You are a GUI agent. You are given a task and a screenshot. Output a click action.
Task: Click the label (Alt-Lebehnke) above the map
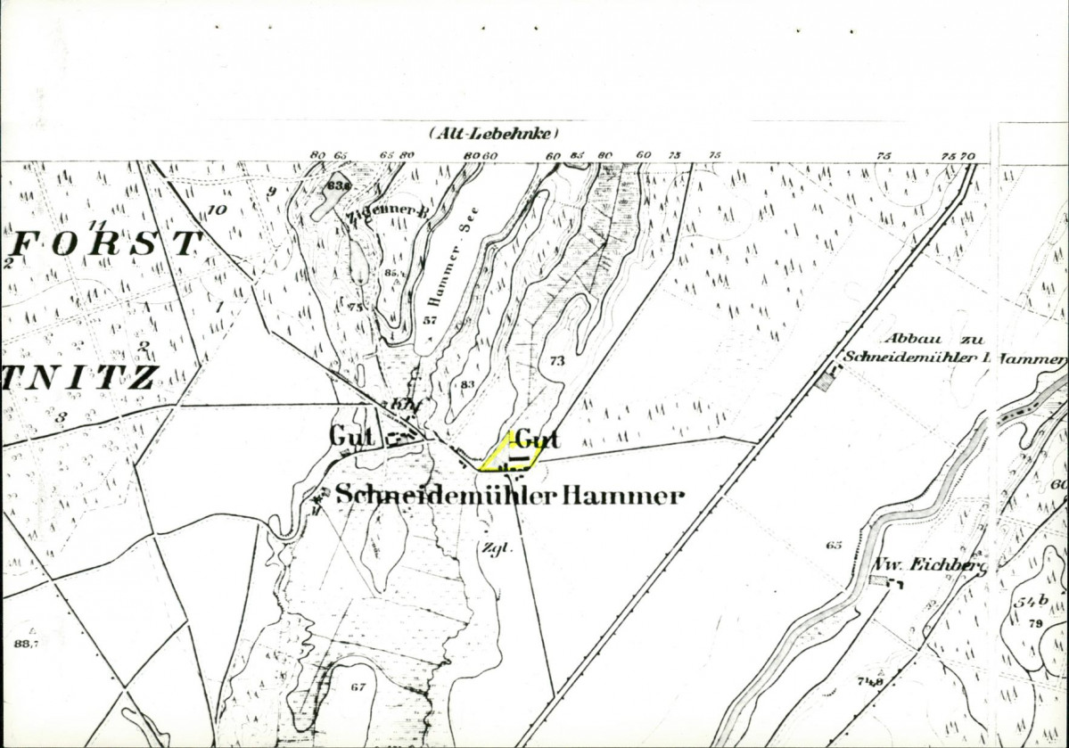pos(493,134)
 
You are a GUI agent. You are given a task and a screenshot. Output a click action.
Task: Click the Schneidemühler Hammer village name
pos(509,496)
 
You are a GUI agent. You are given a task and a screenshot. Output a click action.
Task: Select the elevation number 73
pos(557,360)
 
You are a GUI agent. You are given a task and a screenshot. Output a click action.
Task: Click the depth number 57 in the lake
pos(430,320)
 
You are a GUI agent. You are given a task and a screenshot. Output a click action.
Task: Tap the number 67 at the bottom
pos(358,686)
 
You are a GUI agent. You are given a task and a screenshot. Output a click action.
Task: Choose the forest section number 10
pos(216,210)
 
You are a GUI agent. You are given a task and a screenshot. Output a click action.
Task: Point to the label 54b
pos(1029,602)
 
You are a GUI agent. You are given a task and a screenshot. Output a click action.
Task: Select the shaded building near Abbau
pos(826,382)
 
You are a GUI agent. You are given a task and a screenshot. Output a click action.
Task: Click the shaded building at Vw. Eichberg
pos(879,581)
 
